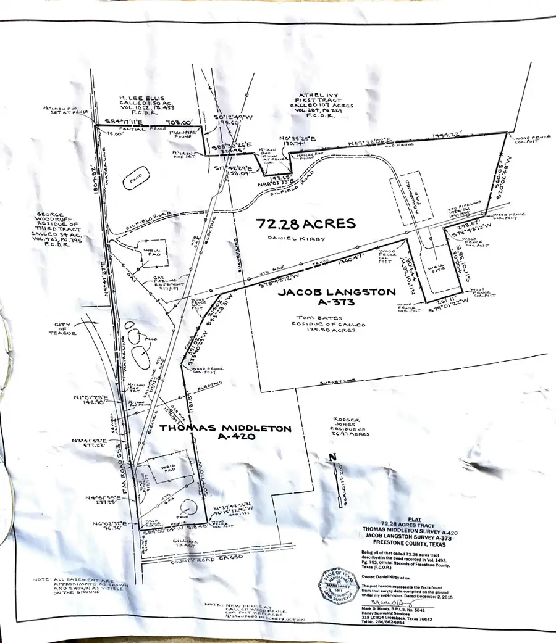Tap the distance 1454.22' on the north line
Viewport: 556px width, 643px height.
coord(447,135)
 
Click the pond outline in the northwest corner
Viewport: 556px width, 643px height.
coord(133,180)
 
